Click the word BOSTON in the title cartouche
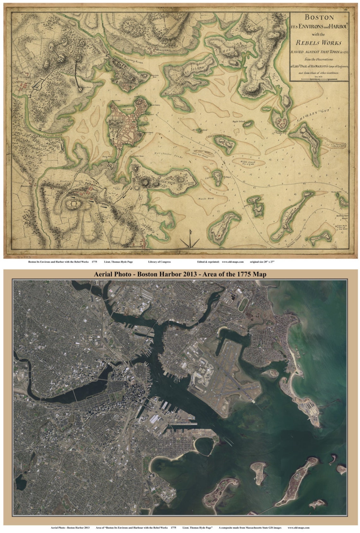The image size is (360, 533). [320, 17]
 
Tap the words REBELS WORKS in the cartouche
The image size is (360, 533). [318, 43]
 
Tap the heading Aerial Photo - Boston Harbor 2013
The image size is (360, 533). [180, 274]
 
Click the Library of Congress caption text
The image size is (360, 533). [159, 262]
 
